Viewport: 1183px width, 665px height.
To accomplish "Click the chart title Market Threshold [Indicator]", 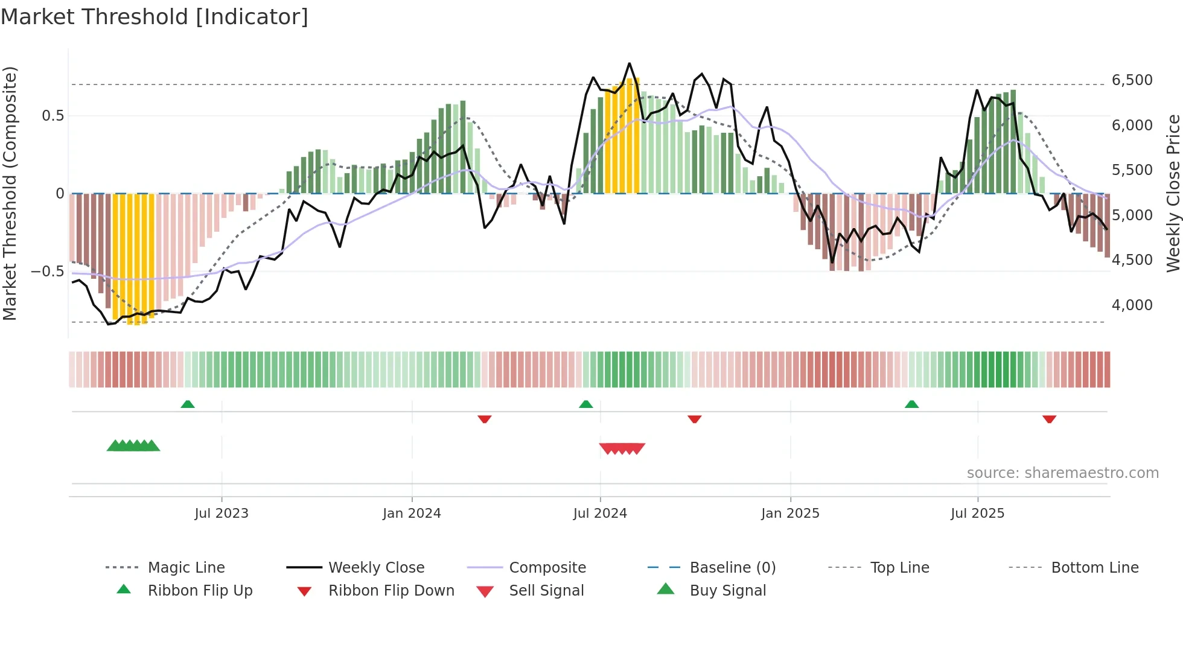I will coord(155,17).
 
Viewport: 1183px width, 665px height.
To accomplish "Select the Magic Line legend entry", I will coord(186,567).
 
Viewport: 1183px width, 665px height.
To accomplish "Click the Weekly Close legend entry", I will coord(376,567).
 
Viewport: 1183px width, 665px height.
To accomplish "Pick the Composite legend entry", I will coord(547,567).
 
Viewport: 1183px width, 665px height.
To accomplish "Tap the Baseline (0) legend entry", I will coord(732,567).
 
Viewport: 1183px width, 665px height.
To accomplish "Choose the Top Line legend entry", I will coord(899,567).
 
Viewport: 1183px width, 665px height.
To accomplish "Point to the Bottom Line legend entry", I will coord(1094,567).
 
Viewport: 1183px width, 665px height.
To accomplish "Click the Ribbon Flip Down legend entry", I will coord(391,590).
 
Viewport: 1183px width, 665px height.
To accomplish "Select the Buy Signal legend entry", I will coord(727,590).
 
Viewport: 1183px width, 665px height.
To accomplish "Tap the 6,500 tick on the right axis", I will coord(1132,80).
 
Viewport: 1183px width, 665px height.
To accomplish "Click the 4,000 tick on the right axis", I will coord(1132,305).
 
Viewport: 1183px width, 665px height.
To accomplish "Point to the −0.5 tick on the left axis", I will coord(47,272).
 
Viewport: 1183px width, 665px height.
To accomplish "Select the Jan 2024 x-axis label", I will coord(412,514).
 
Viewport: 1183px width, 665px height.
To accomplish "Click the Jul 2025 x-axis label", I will coord(977,514).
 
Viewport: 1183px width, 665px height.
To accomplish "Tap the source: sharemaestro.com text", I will coord(1062,473).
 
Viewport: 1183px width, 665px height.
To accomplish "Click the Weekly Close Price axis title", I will coord(1173,193).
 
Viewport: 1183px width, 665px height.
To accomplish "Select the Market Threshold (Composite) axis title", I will coord(10,193).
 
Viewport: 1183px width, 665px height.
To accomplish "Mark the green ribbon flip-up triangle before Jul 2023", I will coord(188,404).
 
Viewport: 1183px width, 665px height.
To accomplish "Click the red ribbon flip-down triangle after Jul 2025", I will coord(1049,419).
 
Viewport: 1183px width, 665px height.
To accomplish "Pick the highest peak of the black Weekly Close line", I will coord(630,63).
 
